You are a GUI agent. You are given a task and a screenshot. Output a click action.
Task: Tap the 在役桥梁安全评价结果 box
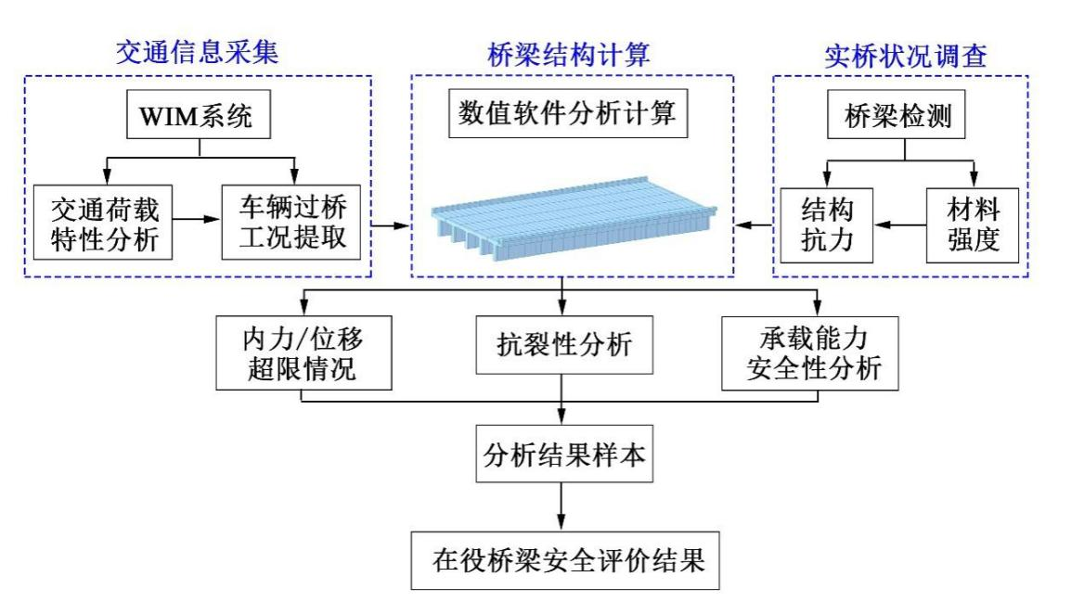(x=562, y=559)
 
